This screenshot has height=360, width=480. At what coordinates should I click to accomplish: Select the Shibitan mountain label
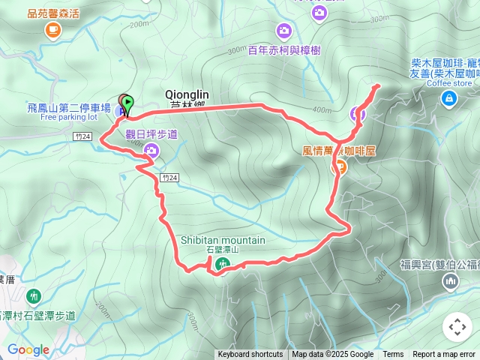tap(223, 241)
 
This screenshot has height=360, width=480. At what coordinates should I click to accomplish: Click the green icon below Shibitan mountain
tap(223, 263)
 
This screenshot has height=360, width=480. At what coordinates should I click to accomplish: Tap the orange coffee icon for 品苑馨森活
tap(52, 29)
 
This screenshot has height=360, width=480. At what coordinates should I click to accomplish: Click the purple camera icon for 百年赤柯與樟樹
tap(284, 31)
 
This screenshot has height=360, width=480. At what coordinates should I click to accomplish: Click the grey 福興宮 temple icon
tap(450, 281)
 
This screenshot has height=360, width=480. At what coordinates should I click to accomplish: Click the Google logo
tap(28, 349)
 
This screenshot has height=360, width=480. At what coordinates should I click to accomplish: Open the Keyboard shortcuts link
tap(250, 355)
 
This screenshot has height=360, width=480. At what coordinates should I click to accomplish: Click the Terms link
tap(393, 355)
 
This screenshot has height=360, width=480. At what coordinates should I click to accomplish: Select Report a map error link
tap(445, 355)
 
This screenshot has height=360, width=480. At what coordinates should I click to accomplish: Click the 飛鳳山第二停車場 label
tap(69, 108)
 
